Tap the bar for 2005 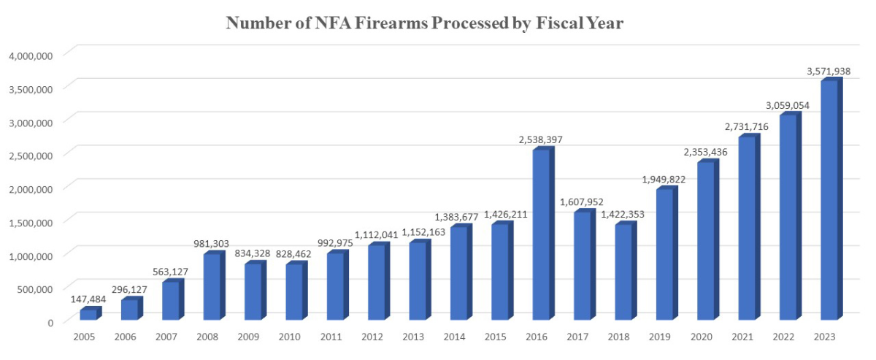point(88,314)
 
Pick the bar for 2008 point(212,287)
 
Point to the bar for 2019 point(664,255)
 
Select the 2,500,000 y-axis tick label point(31,156)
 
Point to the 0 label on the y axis point(50,322)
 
